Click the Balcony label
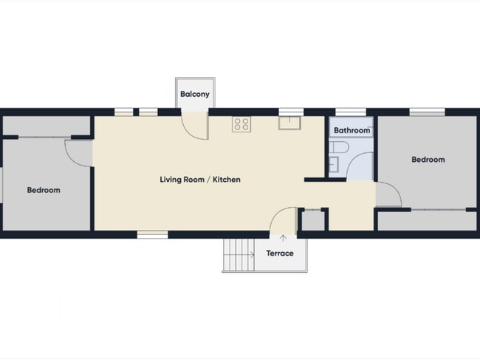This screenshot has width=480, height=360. pos(195,94)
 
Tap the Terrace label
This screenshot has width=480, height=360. pos(280,254)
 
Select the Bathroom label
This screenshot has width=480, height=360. pos(352,131)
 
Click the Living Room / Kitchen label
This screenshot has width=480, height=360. pos(200,180)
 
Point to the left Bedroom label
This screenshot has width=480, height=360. pos(44,190)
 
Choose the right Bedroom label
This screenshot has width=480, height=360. pos(428,160)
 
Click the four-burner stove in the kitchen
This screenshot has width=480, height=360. pos(241,124)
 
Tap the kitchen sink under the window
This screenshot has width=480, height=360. pos(289,123)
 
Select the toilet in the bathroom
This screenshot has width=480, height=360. pos(339,147)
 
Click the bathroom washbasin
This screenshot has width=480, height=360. pos(334,164)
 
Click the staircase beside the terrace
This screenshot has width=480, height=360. pos(239,254)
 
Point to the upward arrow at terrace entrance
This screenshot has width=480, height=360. pos(283,238)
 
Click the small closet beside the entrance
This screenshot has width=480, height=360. pos(313,220)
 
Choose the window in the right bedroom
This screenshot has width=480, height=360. pos(427,112)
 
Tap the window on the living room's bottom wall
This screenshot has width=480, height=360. pos(152,234)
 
